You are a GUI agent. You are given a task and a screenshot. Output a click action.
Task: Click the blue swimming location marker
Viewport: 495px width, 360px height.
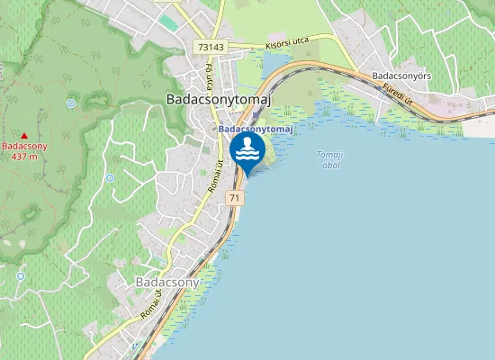pyautogui.click(x=247, y=151)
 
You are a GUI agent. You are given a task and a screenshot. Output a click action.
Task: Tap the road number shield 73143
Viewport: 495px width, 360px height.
pyautogui.click(x=210, y=47)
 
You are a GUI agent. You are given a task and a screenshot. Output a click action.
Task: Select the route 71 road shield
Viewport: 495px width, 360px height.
pyautogui.click(x=235, y=197)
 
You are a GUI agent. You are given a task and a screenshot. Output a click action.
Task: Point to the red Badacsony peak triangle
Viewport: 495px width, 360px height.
pyautogui.click(x=24, y=135)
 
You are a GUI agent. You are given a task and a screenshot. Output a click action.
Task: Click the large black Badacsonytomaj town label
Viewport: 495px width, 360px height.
pyautogui.click(x=219, y=101)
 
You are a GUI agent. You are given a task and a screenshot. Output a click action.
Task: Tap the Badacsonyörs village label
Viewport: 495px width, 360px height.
pyautogui.click(x=401, y=76)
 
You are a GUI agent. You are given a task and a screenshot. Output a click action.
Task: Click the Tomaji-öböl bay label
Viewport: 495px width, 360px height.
pyautogui.click(x=331, y=159)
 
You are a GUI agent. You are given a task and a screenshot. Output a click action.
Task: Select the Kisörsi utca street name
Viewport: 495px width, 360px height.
pyautogui.click(x=286, y=43)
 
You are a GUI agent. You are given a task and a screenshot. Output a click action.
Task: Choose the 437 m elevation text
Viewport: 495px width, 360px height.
pyautogui.click(x=24, y=156)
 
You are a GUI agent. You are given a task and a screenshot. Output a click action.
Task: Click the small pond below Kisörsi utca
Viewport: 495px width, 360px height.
pyautogui.click(x=273, y=63)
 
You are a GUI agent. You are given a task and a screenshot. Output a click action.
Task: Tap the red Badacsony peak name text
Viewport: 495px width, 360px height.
pyautogui.click(x=24, y=145)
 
